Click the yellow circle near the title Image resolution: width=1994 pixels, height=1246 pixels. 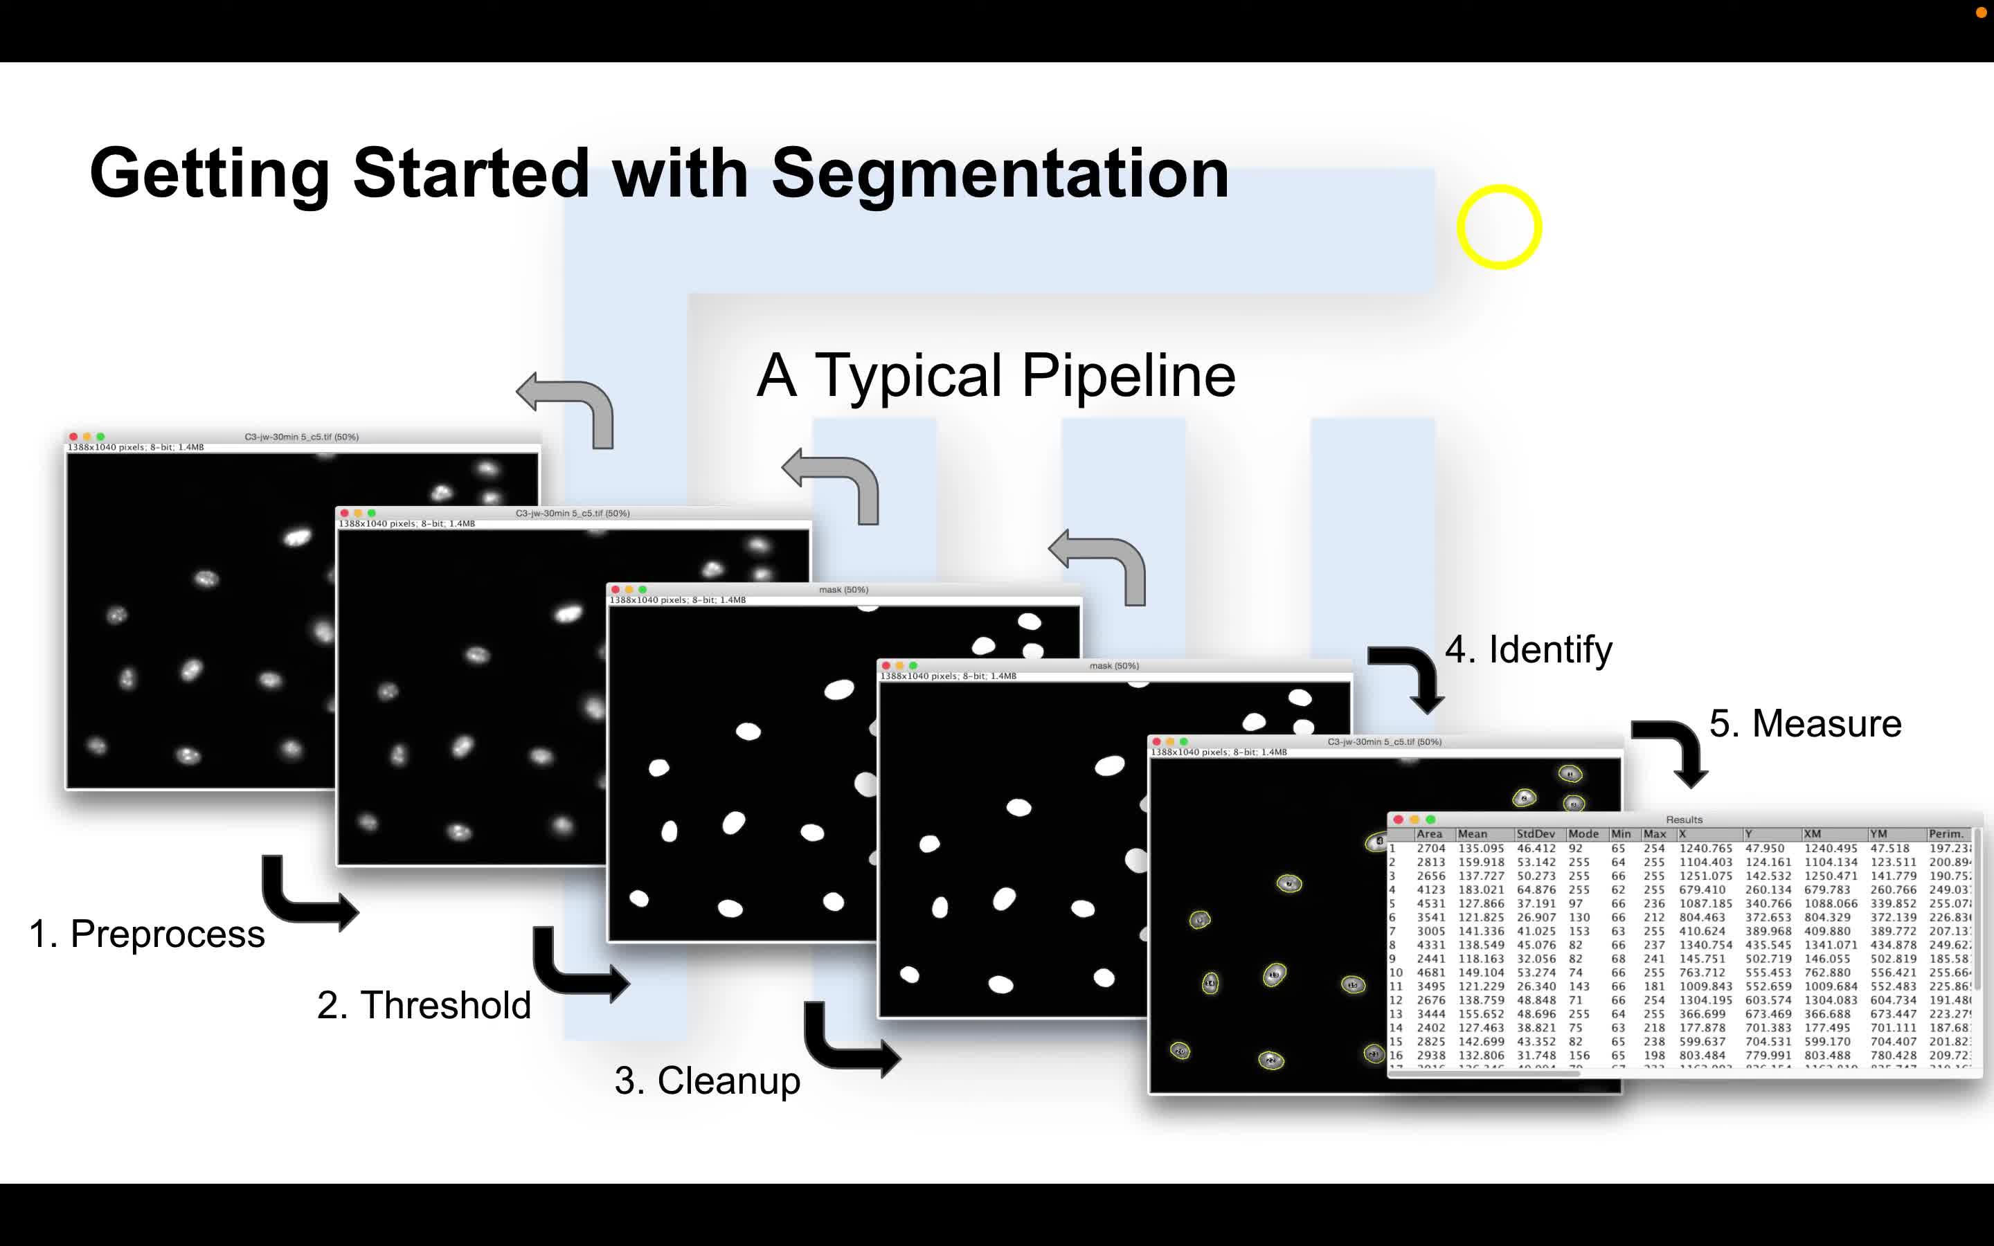click(x=1499, y=226)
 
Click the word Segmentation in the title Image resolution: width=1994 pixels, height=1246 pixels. click(x=1000, y=174)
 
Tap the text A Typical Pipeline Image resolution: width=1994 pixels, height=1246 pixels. click(x=996, y=376)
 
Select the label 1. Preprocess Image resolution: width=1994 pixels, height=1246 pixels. click(x=147, y=934)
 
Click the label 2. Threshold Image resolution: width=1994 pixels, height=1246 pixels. click(x=424, y=1004)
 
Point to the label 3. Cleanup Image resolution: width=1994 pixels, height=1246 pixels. click(x=707, y=1080)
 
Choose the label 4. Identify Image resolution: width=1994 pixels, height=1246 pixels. click(x=1529, y=649)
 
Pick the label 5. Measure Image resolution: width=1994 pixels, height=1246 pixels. click(x=1805, y=723)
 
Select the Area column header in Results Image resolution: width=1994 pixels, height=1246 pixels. click(x=1430, y=834)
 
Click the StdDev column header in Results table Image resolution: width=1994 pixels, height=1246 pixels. click(x=1536, y=834)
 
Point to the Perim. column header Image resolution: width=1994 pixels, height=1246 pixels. click(x=1946, y=834)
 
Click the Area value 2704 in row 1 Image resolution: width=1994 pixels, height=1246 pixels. click(x=1431, y=848)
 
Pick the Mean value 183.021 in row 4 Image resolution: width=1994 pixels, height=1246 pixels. click(x=1481, y=890)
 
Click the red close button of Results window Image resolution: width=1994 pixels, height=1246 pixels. click(x=1399, y=819)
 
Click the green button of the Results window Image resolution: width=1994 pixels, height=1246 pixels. click(x=1431, y=819)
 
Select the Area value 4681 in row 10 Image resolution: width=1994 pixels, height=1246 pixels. click(x=1431, y=973)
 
